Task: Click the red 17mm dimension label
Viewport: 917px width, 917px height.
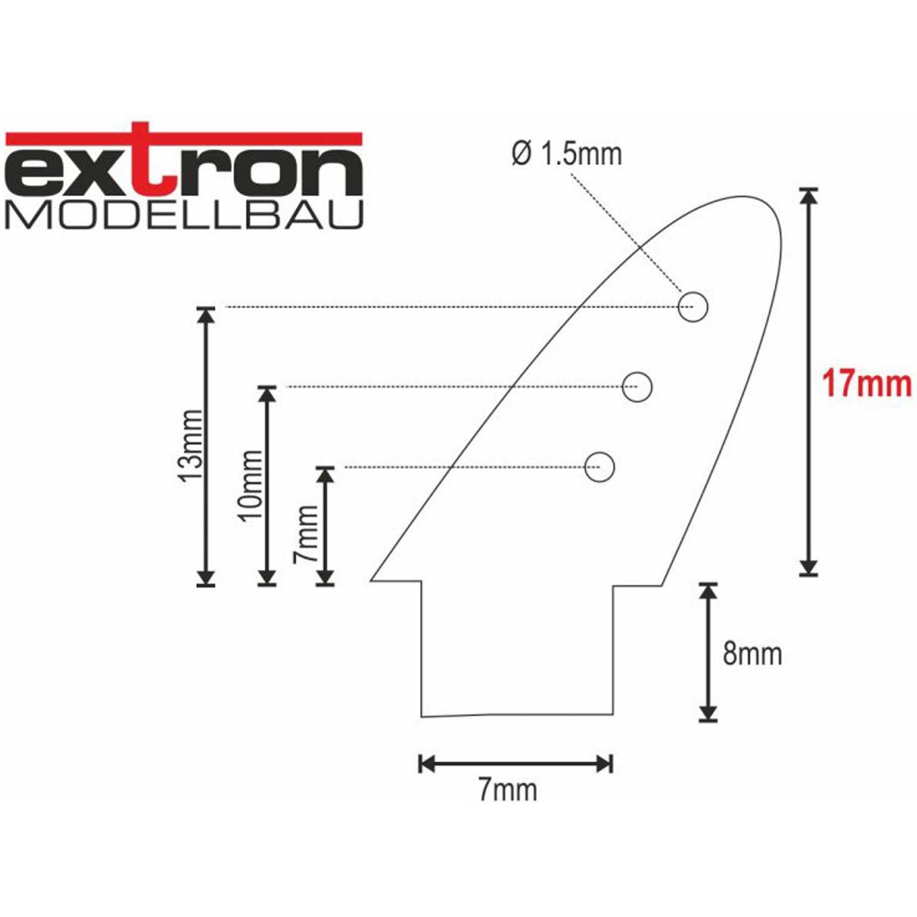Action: [x=866, y=384]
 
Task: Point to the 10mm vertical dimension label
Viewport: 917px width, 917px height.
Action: [x=251, y=484]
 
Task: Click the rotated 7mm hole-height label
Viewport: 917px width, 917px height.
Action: [x=306, y=533]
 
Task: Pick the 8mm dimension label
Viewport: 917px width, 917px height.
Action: [x=752, y=654]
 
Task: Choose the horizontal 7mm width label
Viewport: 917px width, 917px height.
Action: [x=508, y=790]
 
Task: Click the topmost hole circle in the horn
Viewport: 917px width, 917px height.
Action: [x=692, y=307]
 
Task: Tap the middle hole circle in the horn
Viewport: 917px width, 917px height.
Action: [x=637, y=387]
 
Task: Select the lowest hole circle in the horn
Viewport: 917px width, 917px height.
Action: [x=599, y=467]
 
